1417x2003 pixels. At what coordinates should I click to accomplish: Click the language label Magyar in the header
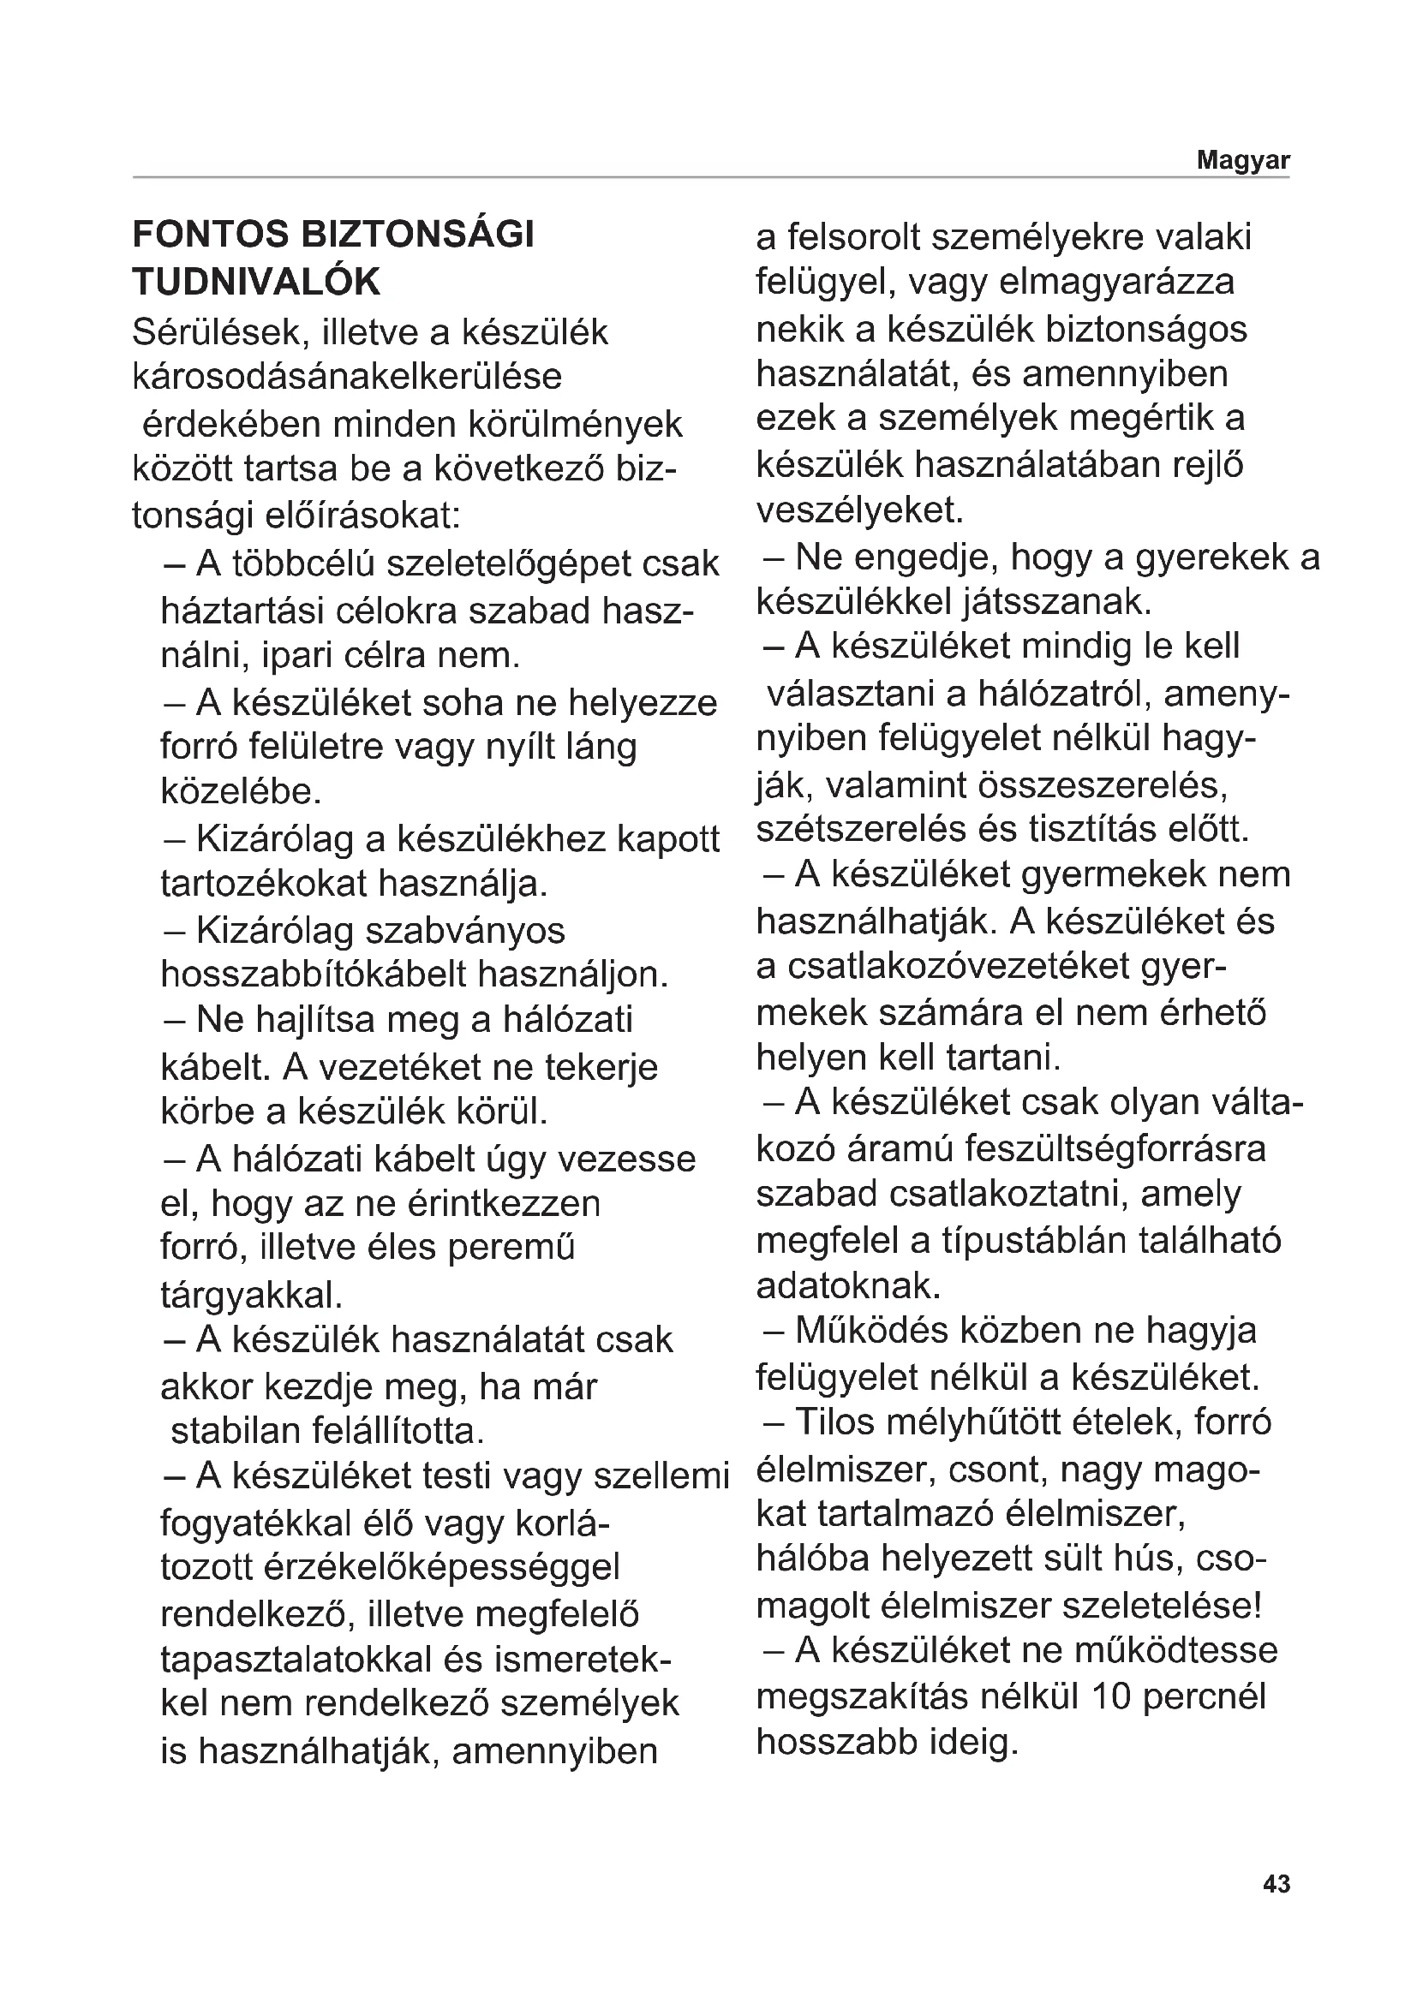click(1242, 160)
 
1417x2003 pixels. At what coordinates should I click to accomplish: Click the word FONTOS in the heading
click(210, 235)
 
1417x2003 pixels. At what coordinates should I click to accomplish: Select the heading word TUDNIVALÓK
click(256, 282)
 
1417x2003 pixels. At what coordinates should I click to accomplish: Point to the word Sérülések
click(218, 332)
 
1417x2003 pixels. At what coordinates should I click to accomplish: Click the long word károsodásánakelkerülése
click(347, 377)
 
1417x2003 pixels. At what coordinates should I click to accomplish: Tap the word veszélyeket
click(859, 510)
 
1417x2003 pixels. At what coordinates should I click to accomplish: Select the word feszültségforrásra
click(1116, 1150)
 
